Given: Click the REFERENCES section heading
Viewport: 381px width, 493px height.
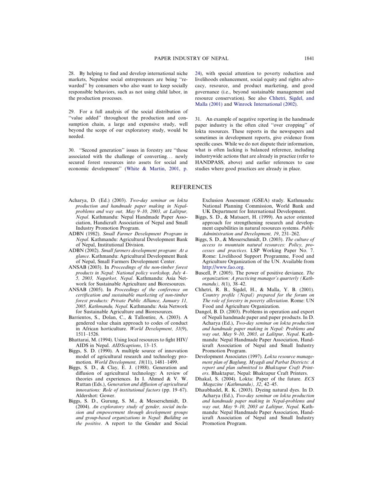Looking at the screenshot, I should click(x=191, y=187).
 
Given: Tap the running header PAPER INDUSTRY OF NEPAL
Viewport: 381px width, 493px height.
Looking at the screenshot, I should click(x=191, y=59).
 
